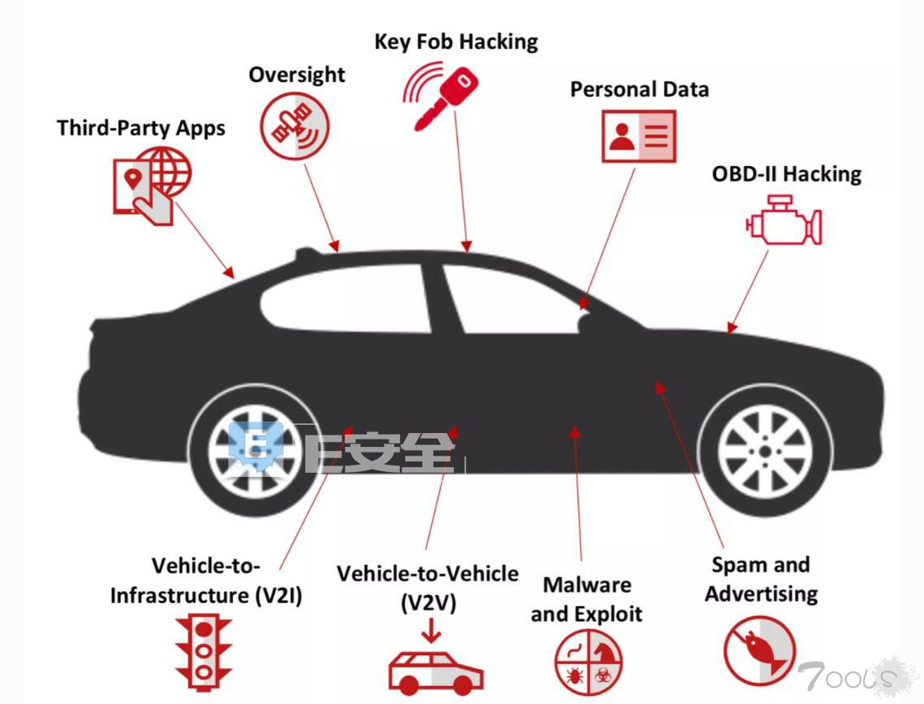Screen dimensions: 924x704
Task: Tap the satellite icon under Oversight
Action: pyautogui.click(x=295, y=126)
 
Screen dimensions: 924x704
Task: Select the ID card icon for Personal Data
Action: pyautogui.click(x=639, y=136)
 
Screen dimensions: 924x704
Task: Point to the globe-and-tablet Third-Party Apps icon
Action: pyautogui.click(x=152, y=186)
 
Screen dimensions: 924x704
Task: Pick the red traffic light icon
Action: pyautogui.click(x=204, y=652)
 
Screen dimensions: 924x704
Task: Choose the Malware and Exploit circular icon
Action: pyautogui.click(x=588, y=662)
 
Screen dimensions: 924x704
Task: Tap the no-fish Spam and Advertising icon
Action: pyautogui.click(x=759, y=651)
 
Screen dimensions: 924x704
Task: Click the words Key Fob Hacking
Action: pyautogui.click(x=456, y=42)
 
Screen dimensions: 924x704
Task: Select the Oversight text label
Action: pyautogui.click(x=297, y=76)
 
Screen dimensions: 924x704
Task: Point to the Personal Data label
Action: pyautogui.click(x=640, y=90)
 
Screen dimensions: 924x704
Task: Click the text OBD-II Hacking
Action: pyautogui.click(x=786, y=174)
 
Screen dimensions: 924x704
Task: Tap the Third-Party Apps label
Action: pyautogui.click(x=141, y=129)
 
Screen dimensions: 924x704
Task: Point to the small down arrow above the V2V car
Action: pyautogui.click(x=431, y=631)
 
